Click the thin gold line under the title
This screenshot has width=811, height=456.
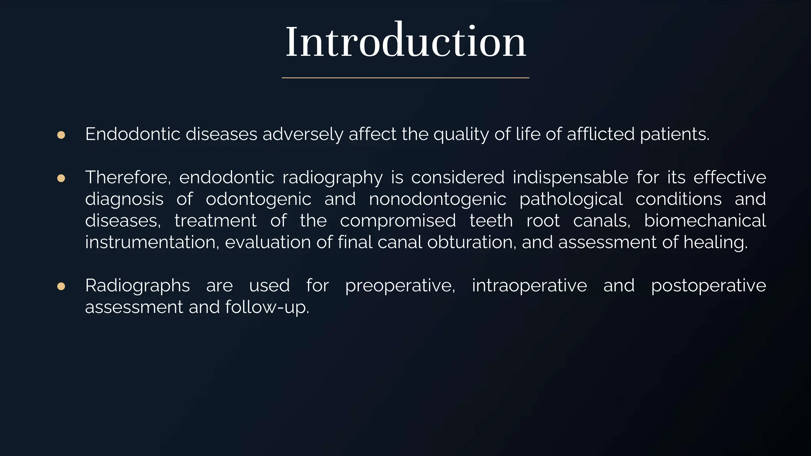click(405, 78)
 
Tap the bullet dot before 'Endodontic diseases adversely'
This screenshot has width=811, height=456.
click(61, 135)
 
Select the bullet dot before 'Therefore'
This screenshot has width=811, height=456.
click(61, 179)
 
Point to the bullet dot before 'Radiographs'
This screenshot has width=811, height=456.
click(61, 286)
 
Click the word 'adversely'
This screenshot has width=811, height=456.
click(303, 135)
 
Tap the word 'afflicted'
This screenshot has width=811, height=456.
click(601, 135)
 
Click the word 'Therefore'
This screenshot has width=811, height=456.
click(128, 177)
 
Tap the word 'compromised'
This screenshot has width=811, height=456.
click(398, 221)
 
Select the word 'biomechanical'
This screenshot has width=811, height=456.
click(705, 221)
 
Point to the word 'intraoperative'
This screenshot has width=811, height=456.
click(529, 286)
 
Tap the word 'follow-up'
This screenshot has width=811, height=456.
click(267, 308)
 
